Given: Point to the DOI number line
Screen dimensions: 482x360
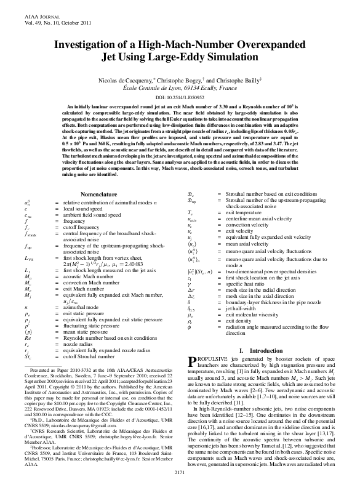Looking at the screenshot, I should point(180,97).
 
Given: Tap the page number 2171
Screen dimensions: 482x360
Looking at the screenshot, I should point(180,472).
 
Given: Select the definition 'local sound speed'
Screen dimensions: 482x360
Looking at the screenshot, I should point(80,190).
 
